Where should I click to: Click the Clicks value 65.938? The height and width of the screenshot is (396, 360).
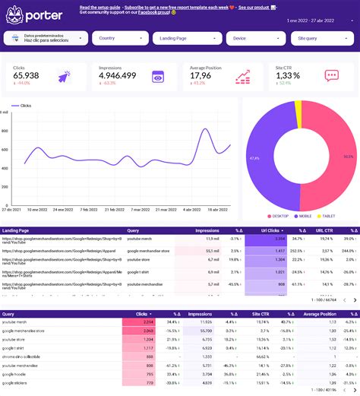27,75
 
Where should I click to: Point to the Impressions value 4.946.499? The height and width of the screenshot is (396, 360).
118,75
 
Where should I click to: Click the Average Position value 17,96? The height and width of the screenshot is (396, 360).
201,75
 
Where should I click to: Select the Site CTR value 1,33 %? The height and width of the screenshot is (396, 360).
288,75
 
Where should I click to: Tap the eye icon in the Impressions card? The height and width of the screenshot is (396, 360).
157,76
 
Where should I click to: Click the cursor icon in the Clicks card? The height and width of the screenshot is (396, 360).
63,76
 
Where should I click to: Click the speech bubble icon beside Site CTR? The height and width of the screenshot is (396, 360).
331,75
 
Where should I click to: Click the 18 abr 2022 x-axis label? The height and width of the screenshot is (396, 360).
219,210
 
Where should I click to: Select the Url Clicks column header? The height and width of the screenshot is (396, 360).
272,230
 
